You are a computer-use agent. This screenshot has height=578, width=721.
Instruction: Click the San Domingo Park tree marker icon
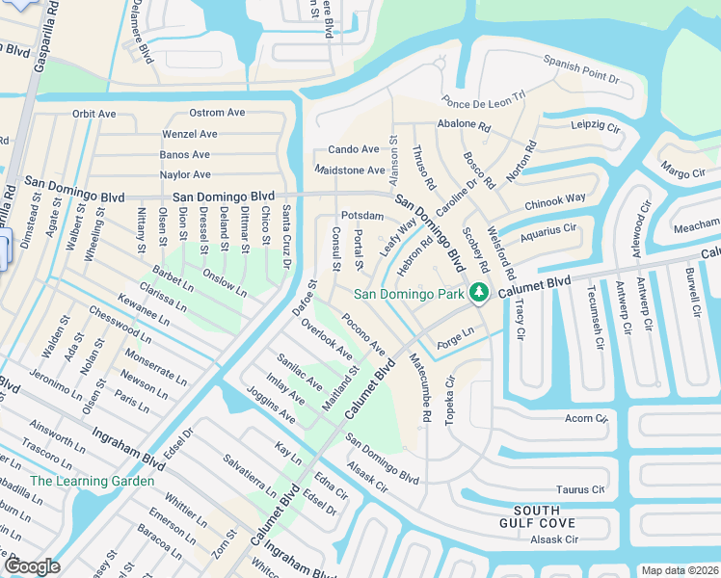tap(477, 293)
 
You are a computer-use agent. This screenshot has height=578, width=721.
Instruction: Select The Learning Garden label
tap(93, 481)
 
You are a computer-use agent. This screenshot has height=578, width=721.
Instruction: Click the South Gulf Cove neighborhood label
tap(545, 516)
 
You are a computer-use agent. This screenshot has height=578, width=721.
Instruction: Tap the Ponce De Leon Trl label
tap(483, 98)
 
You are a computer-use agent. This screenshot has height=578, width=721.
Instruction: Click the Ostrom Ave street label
tap(217, 113)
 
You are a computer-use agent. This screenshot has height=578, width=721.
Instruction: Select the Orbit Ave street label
tap(94, 114)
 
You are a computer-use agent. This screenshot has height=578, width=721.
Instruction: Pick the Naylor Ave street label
tap(185, 174)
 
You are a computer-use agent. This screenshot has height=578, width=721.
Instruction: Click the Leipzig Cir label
tap(595, 125)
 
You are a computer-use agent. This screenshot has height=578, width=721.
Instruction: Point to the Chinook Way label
tap(555, 203)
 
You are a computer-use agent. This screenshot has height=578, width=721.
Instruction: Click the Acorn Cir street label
tap(585, 418)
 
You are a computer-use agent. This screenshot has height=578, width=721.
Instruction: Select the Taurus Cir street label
tap(583, 490)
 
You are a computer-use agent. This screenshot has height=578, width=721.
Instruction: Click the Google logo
tap(32, 565)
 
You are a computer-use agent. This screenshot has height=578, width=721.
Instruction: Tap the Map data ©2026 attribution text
tap(679, 570)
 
